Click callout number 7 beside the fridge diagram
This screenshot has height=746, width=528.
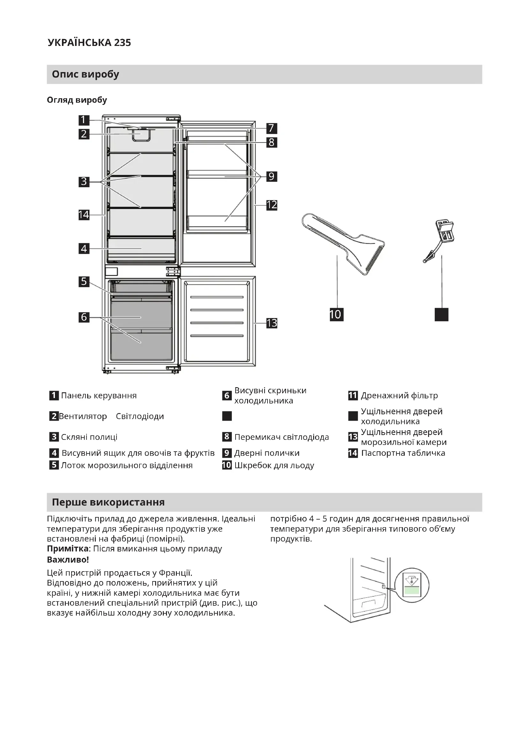click(x=271, y=128)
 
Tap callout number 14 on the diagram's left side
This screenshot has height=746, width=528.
click(x=84, y=215)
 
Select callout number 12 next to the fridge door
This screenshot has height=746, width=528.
click(x=271, y=205)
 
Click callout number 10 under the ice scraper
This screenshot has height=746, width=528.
click(x=336, y=314)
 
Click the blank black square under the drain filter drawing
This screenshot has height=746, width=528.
click(x=441, y=314)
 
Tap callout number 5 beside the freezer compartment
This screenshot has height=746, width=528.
click(x=84, y=281)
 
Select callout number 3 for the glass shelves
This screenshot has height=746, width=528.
click(x=84, y=181)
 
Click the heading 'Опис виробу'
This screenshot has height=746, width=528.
click(x=86, y=74)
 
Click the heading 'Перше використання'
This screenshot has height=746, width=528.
click(x=108, y=502)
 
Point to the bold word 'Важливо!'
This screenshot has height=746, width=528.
click(x=68, y=559)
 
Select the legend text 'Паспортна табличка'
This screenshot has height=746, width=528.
click(x=403, y=453)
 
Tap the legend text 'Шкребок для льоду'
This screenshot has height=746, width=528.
click(x=274, y=465)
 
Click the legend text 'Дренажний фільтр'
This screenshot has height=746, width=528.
click(x=399, y=395)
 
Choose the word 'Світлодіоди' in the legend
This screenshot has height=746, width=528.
click(x=140, y=416)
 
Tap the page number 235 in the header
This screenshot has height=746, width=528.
click(x=122, y=42)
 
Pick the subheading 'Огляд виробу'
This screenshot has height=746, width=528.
click(x=77, y=100)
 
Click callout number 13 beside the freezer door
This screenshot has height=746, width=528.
click(x=271, y=323)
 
